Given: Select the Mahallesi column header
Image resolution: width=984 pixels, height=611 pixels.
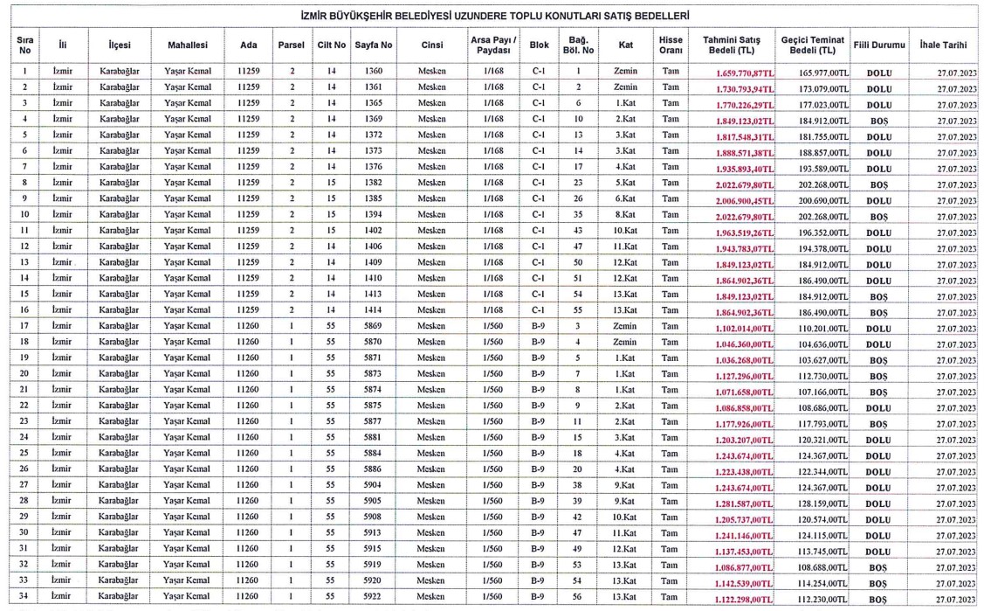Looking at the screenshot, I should click(x=187, y=44).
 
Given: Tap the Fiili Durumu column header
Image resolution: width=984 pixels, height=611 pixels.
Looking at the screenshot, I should click(x=878, y=44).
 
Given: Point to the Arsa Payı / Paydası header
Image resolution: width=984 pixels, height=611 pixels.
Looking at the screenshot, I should click(x=493, y=44).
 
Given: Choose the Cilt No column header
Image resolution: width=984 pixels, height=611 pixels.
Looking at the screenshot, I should click(x=331, y=44).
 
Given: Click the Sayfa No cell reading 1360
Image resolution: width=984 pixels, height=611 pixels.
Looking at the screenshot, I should click(x=374, y=71).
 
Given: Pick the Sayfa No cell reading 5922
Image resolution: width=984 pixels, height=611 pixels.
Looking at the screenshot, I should click(x=374, y=597).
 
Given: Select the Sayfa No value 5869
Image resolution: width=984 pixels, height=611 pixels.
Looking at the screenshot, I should click(x=374, y=326).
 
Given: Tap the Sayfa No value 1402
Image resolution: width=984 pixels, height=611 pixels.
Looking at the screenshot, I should click(x=374, y=231).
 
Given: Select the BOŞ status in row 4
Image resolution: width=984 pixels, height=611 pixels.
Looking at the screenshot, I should click(x=878, y=120).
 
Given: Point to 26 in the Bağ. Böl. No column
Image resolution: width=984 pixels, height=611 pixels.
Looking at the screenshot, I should click(x=578, y=198).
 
